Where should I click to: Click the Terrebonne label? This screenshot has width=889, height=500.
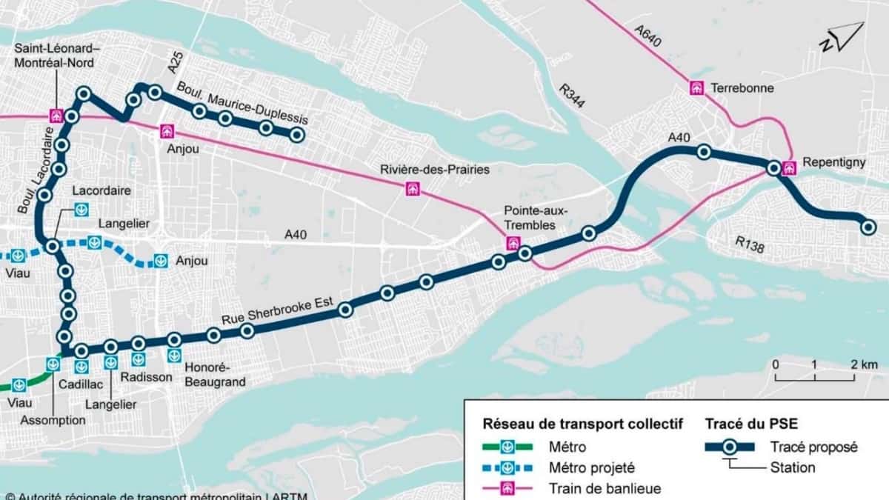[742, 88]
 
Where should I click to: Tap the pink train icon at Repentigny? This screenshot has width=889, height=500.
[789, 167]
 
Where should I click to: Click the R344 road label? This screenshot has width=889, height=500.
[572, 96]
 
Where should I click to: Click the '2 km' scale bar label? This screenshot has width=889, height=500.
[863, 364]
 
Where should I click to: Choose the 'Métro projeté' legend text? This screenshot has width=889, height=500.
[591, 468]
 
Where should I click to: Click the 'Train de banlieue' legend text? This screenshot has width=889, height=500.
[605, 488]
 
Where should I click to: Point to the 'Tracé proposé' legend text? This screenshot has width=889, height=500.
[813, 447]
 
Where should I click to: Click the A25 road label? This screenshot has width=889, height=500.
[174, 62]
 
